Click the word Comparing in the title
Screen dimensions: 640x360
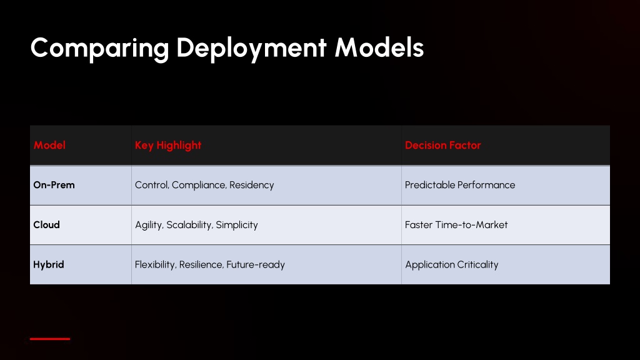pyautogui.click(x=99, y=49)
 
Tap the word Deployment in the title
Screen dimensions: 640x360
pyautogui.click(x=251, y=49)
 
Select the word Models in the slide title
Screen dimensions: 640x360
pyautogui.click(x=379, y=47)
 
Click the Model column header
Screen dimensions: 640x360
pyautogui.click(x=49, y=145)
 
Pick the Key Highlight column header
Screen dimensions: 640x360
pyautogui.click(x=168, y=145)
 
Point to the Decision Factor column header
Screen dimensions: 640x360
pyautogui.click(x=443, y=145)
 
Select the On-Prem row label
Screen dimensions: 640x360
pyautogui.click(x=54, y=185)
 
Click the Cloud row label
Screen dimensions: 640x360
pyautogui.click(x=46, y=224)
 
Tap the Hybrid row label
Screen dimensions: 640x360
pyautogui.click(x=49, y=264)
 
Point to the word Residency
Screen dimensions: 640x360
pyautogui.click(x=251, y=185)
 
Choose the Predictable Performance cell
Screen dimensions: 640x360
pyautogui.click(x=460, y=185)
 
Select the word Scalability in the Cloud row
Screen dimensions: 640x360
pyautogui.click(x=189, y=225)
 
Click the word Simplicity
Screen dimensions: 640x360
pyautogui.click(x=237, y=225)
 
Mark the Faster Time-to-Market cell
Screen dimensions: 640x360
pyautogui.click(x=456, y=224)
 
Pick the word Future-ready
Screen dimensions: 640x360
pyautogui.click(x=256, y=265)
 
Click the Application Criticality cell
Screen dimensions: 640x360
pyautogui.click(x=452, y=265)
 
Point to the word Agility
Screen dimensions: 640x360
pyautogui.click(x=149, y=225)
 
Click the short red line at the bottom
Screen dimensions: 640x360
pyautogui.click(x=50, y=339)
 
